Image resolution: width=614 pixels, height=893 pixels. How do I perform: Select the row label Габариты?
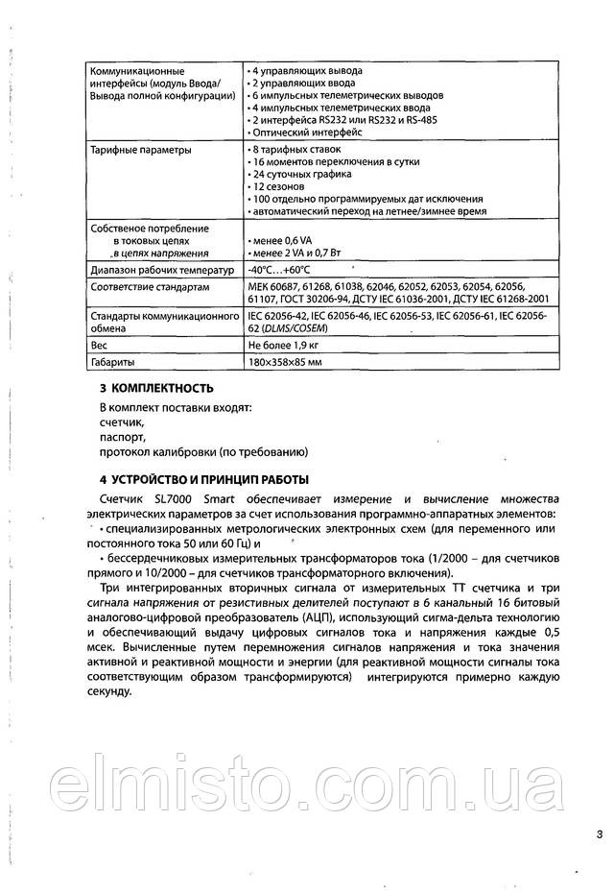click(111, 363)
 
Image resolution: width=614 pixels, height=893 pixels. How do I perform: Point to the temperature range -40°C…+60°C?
click(285, 270)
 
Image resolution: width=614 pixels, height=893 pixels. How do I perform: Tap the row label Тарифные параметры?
click(139, 151)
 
